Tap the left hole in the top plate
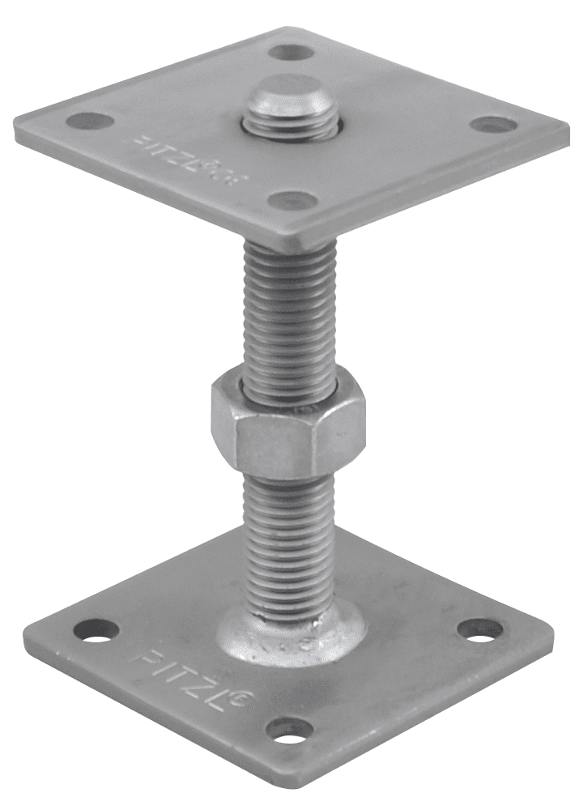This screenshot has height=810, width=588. click(x=90, y=122)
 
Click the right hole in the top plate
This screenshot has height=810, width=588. click(x=493, y=125)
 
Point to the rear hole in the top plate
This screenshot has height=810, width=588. click(x=291, y=53)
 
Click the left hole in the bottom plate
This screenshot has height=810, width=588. click(x=96, y=630)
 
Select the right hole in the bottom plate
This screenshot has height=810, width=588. click(x=479, y=629)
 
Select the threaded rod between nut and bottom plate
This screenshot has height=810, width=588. click(x=288, y=535)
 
